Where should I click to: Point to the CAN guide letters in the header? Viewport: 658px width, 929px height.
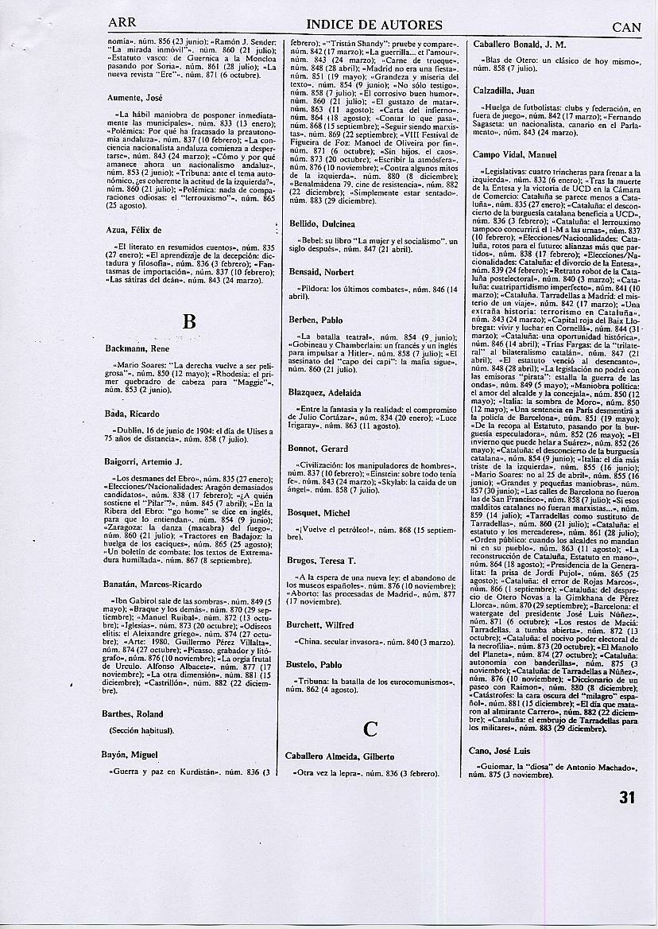tap(626, 26)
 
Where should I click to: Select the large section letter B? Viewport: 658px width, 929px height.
tap(189, 321)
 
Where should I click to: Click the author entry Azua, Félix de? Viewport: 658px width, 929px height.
tap(134, 230)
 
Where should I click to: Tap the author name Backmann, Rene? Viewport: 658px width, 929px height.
tap(137, 348)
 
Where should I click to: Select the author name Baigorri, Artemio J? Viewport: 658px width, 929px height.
tap(144, 461)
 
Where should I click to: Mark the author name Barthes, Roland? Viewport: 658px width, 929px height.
tap(134, 713)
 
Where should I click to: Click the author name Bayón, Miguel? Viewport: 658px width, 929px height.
tap(132, 754)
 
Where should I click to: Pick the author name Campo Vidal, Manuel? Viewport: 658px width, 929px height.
tap(514, 154)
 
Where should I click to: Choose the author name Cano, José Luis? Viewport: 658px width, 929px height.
tap(505, 750)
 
